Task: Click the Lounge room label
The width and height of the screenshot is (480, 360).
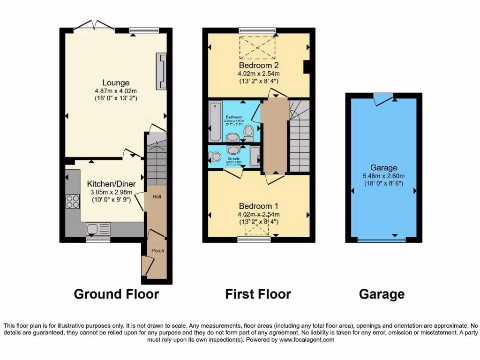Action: click(115, 83)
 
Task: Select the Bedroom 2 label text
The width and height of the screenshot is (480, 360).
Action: click(259, 65)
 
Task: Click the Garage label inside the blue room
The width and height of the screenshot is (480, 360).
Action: click(383, 167)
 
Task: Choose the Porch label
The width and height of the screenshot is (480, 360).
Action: click(158, 251)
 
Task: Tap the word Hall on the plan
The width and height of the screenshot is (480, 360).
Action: click(156, 197)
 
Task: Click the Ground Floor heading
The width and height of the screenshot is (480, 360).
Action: click(116, 294)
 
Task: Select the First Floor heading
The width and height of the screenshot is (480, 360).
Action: click(258, 294)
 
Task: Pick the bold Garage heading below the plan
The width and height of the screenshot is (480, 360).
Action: click(382, 294)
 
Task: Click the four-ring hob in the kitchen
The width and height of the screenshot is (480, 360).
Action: click(73, 201)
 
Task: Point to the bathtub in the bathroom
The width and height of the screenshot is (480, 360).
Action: click(215, 122)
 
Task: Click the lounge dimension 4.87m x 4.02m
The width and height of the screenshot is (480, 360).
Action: click(115, 91)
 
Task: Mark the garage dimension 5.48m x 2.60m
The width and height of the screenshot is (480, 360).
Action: click(383, 176)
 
